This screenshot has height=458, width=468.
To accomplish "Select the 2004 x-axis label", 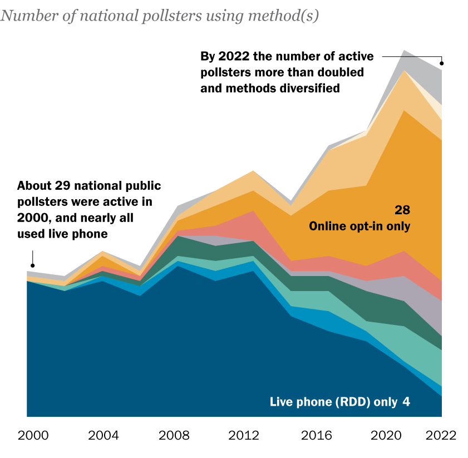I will click(x=104, y=435).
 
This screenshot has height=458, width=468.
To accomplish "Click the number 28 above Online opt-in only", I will click(x=402, y=210).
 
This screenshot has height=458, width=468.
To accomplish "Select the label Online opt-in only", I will click(x=359, y=226).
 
